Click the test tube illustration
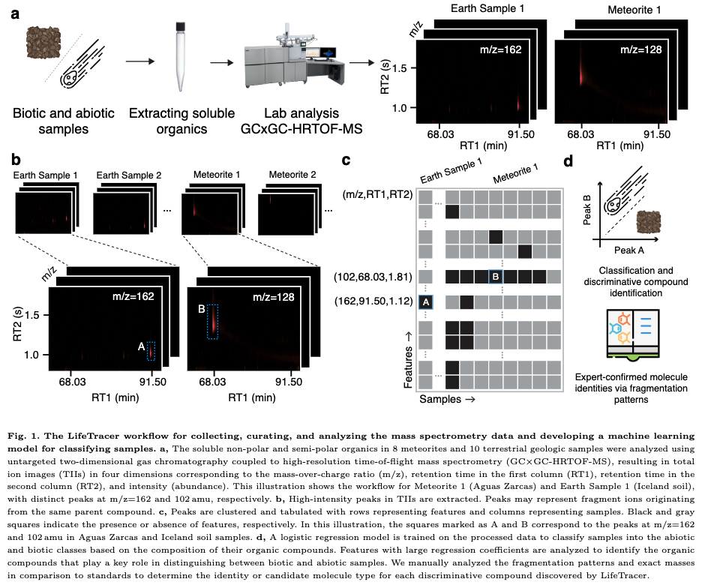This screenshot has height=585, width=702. pyautogui.click(x=180, y=56)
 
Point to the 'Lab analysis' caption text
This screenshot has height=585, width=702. pyautogui.click(x=291, y=113)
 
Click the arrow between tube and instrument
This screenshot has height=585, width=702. pyautogui.click(x=223, y=63)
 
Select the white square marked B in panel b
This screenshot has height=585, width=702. pyautogui.click(x=200, y=308)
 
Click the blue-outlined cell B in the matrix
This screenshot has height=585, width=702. pyautogui.click(x=495, y=276)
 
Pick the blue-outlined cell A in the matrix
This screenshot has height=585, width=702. pyautogui.click(x=426, y=301)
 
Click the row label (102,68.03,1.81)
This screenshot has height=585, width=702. pyautogui.click(x=373, y=276)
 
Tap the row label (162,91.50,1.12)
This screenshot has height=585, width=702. pyautogui.click(x=373, y=301)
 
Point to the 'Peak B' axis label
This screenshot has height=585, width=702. pyautogui.click(x=586, y=205)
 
